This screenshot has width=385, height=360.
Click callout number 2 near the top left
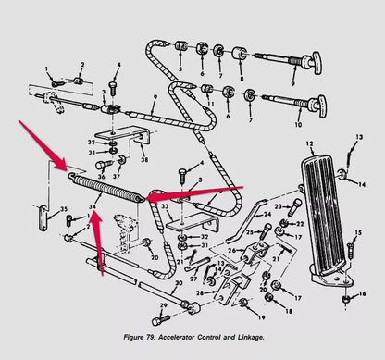coord(81,66)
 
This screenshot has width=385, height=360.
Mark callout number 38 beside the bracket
coord(143,159)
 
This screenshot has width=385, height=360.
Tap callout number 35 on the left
coord(64,209)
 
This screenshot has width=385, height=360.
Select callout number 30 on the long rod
coord(178,284)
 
